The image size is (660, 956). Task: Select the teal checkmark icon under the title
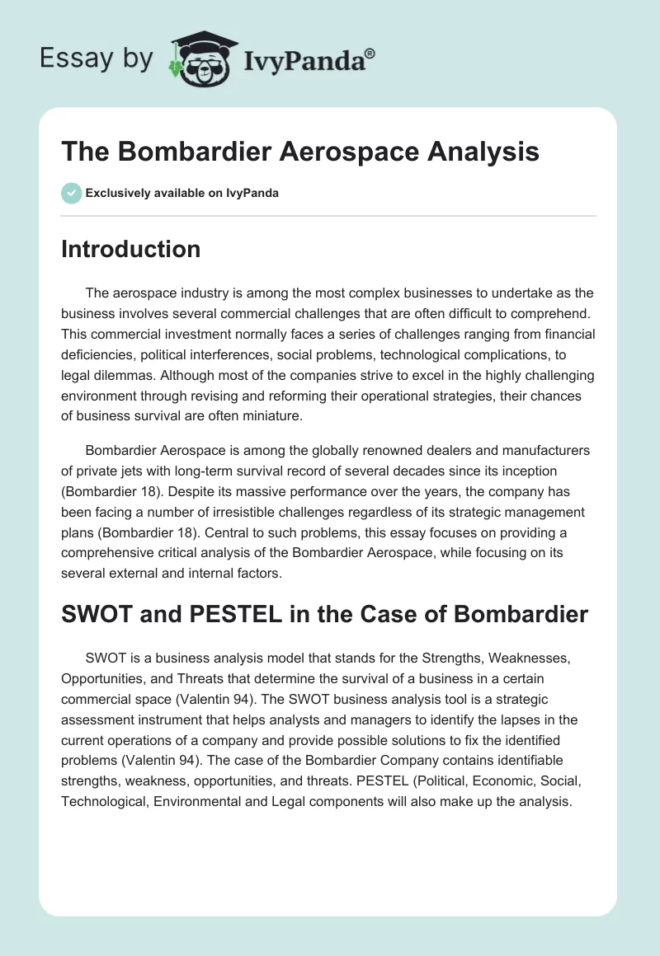click(x=71, y=193)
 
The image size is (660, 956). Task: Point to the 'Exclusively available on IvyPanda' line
click(x=181, y=193)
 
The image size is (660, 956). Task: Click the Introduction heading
click(x=130, y=249)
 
